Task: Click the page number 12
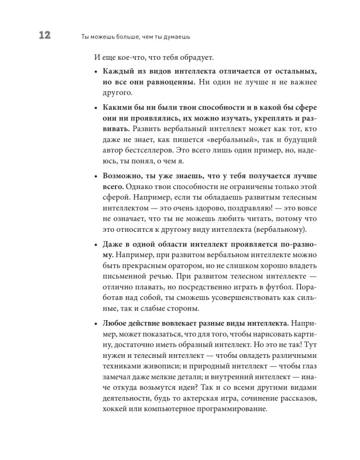coord(41,36)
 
